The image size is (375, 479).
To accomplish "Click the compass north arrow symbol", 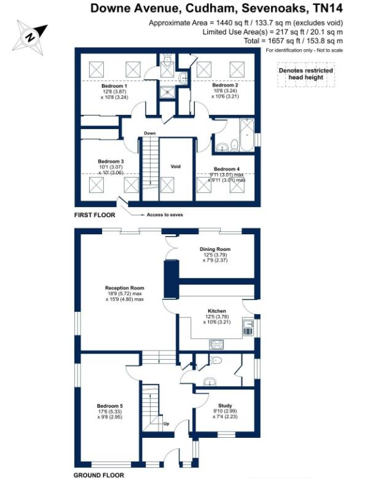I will tap(29, 35).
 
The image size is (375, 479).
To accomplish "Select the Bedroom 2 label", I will tap(225, 85).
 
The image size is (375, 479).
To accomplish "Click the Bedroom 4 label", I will tap(227, 168).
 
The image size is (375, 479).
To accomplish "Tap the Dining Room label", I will tap(215, 249).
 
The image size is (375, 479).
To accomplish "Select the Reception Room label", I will tap(125, 288).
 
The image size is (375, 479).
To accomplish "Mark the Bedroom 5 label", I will tap(110, 406).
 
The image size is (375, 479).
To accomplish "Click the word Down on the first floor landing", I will tap(149, 133).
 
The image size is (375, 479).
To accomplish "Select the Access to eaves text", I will tap(165, 215).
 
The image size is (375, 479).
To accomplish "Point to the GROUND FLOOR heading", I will tap(98, 475).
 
